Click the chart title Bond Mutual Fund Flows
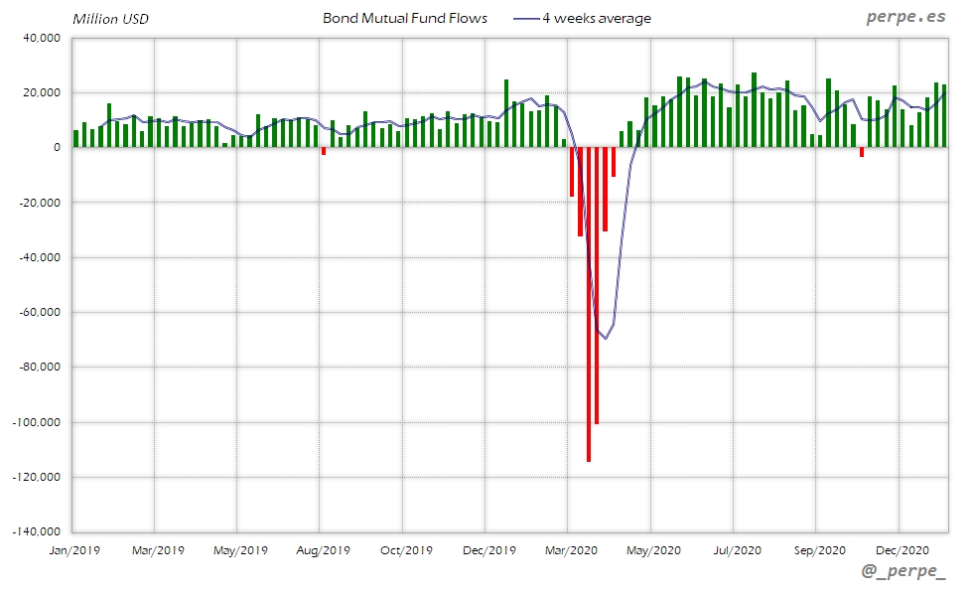[405, 18]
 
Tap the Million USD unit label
[111, 19]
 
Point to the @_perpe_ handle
[904, 571]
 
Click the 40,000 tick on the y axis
[42, 38]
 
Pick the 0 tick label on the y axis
[57, 148]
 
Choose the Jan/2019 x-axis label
[73, 549]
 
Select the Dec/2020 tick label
[901, 549]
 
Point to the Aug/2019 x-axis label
[320, 549]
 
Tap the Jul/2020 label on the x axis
[735, 549]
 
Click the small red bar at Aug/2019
[324, 151]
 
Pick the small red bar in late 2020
[862, 152]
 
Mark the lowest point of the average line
[605, 339]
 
